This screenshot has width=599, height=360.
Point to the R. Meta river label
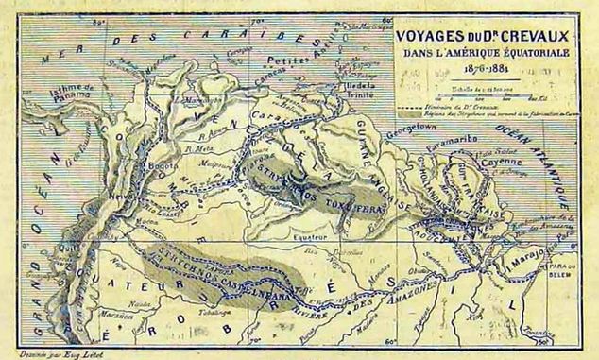[x=199, y=148]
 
